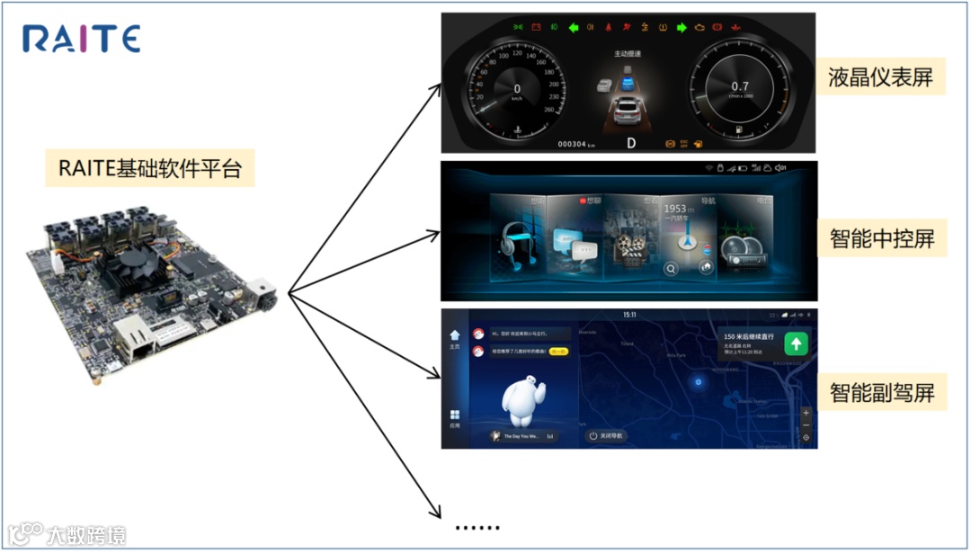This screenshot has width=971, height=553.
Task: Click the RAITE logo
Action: pyautogui.click(x=81, y=40)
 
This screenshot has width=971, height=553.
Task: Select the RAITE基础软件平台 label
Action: pyautogui.click(x=149, y=168)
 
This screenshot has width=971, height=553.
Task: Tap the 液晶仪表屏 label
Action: pyautogui.click(x=880, y=78)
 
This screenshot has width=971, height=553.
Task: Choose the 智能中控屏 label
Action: pyautogui.click(x=881, y=238)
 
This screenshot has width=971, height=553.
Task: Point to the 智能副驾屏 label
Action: pyautogui.click(x=881, y=393)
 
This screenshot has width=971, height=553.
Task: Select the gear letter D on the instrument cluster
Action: pyautogui.click(x=631, y=143)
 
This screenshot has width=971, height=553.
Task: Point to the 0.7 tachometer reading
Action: pyautogui.click(x=739, y=86)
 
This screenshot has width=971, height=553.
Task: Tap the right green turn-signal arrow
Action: pyautogui.click(x=681, y=27)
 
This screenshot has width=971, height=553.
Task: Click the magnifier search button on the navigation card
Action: pyautogui.click(x=671, y=267)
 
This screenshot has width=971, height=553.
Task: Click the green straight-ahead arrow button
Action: pyautogui.click(x=796, y=343)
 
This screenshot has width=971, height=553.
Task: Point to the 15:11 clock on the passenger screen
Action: pyautogui.click(x=629, y=315)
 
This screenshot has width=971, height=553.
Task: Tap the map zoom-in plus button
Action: pyautogui.click(x=806, y=413)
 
